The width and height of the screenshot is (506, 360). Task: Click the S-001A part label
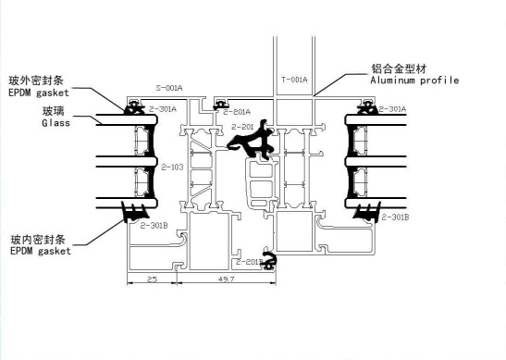click(170, 88)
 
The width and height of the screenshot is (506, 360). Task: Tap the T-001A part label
click(294, 81)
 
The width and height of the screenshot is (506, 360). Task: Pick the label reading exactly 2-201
click(242, 126)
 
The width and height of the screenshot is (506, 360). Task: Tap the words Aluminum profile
click(414, 81)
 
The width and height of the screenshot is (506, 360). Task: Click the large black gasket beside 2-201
click(251, 141)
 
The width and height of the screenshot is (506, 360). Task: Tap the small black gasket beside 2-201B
click(270, 260)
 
